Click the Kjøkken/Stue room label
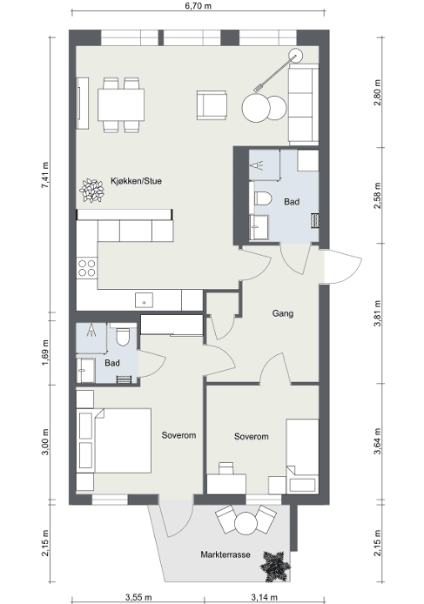click(x=136, y=181)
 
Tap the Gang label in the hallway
click(x=283, y=313)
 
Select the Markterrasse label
click(x=225, y=554)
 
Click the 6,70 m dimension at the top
click(x=199, y=6)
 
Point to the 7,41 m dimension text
click(x=45, y=175)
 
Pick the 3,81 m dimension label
click(x=377, y=313)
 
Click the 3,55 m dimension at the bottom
click(x=138, y=598)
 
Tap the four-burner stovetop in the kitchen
click(x=87, y=268)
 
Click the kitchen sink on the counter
click(x=144, y=300)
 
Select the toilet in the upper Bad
click(x=262, y=198)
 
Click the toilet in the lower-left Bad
click(x=124, y=337)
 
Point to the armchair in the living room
click(x=212, y=104)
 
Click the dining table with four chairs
click(x=121, y=104)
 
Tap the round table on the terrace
click(x=246, y=524)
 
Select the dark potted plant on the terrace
click(x=275, y=567)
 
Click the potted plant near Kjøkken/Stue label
click(x=91, y=191)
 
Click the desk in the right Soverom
click(x=226, y=484)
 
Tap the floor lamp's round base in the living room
click(x=296, y=55)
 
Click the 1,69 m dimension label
click(x=45, y=352)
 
